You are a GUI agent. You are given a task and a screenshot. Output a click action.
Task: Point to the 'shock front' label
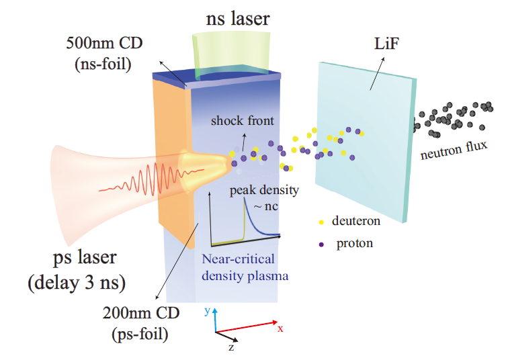(239, 121)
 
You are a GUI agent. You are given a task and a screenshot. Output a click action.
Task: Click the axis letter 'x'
(280, 328)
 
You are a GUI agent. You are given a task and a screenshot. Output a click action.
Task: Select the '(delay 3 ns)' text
(76, 282)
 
